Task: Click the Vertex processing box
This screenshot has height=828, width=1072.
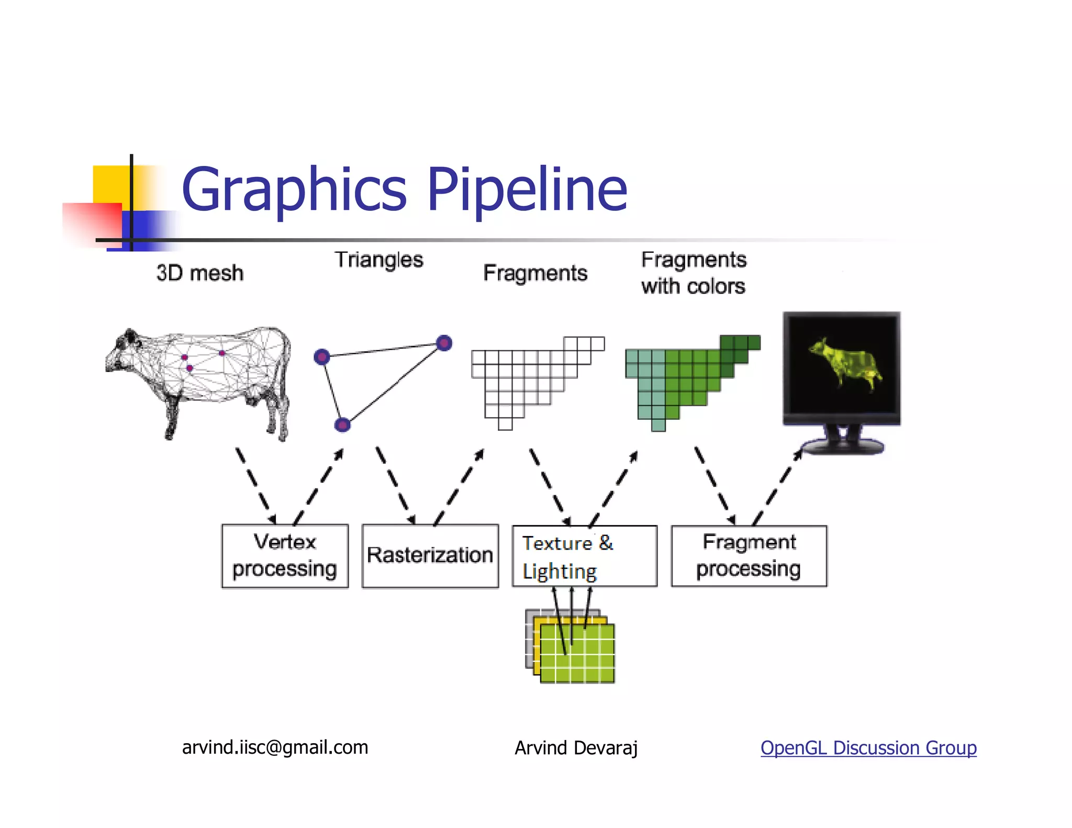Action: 285,556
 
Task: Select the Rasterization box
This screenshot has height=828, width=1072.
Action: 430,556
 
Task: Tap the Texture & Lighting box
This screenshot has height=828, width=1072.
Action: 584,556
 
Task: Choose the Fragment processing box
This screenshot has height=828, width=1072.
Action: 749,556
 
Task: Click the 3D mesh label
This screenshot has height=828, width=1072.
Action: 200,273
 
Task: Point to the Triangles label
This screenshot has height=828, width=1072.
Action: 379,260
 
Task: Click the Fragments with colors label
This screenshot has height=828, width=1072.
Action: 694,273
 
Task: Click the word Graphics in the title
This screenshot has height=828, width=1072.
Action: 294,190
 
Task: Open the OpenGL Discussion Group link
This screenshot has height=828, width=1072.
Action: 868,747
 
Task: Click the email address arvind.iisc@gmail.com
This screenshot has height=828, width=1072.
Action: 275,747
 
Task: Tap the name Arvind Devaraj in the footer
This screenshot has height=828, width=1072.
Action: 576,748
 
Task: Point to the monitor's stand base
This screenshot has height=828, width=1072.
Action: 843,446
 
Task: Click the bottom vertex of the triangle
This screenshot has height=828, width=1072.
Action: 342,424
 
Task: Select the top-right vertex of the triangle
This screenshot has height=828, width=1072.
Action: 444,343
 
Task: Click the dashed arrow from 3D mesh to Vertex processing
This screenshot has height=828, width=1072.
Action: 255,485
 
